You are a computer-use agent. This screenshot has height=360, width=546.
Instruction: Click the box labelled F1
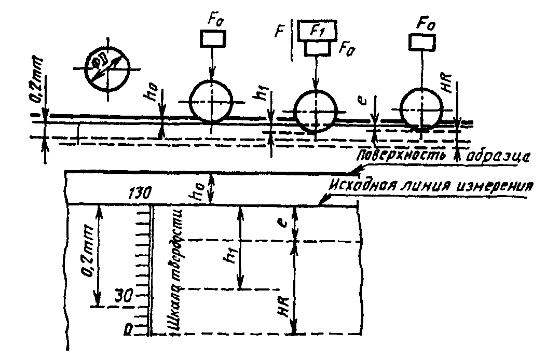point(316,31)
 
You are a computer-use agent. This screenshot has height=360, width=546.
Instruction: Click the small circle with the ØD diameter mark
point(108,70)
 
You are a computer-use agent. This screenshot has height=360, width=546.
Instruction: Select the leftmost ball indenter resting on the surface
point(212,100)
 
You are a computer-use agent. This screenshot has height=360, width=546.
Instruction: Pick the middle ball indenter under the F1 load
point(315,110)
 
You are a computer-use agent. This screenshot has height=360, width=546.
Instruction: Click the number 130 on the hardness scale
point(138,193)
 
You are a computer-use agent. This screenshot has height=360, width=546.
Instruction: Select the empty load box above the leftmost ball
point(212,39)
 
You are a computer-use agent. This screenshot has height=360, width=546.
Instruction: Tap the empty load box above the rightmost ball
point(421,41)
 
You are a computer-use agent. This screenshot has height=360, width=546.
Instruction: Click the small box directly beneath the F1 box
point(317,48)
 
